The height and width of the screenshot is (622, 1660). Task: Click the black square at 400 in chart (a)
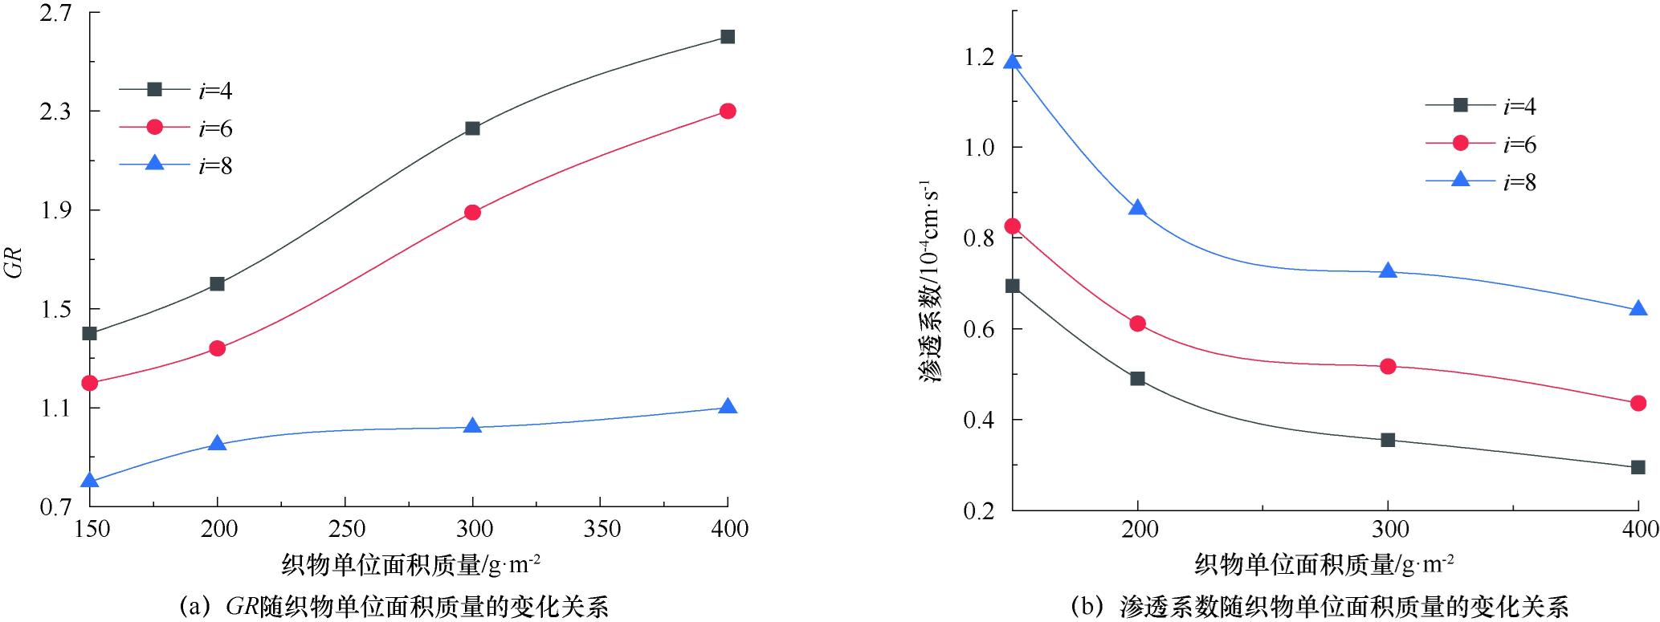pyautogui.click(x=728, y=37)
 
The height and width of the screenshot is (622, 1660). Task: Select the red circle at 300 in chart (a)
pyautogui.click(x=472, y=212)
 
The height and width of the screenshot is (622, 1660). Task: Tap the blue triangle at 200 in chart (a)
pyautogui.click(x=217, y=443)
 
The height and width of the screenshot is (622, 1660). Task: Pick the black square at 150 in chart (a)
pyautogui.click(x=89, y=333)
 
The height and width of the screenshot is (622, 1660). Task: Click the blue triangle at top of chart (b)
pyautogui.click(x=1013, y=63)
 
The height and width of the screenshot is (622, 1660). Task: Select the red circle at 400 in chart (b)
pyautogui.click(x=1638, y=403)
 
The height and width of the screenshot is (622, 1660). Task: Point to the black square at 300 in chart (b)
pyautogui.click(x=1388, y=440)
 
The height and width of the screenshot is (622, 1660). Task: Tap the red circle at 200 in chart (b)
pyautogui.click(x=1137, y=323)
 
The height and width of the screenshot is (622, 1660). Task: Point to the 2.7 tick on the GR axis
pyautogui.click(x=55, y=13)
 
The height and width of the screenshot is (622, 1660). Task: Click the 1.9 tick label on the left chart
pyautogui.click(x=55, y=210)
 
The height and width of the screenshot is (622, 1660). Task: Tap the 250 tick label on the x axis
pyautogui.click(x=345, y=529)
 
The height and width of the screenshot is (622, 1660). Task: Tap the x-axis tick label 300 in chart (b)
pyautogui.click(x=1389, y=530)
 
